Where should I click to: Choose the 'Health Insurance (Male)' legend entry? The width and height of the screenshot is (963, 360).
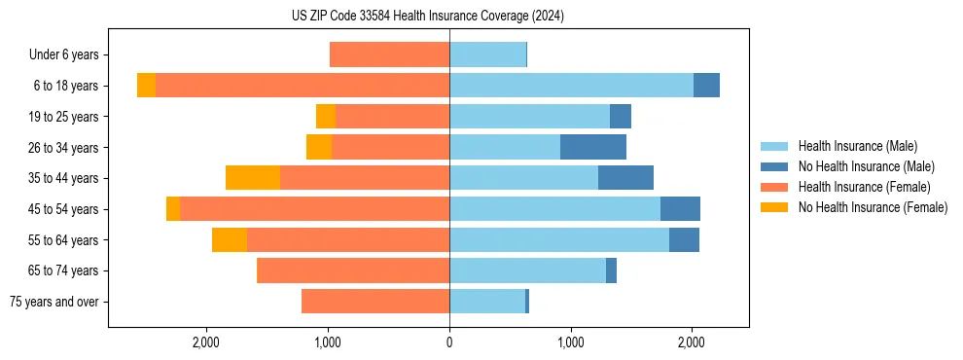coord(857,146)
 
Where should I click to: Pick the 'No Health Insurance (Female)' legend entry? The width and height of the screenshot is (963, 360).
coord(873,207)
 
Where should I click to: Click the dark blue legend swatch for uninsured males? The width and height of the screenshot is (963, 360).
coord(774,166)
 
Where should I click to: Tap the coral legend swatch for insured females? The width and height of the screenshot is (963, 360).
coord(774,187)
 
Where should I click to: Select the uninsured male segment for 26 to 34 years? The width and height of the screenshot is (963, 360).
coord(593,147)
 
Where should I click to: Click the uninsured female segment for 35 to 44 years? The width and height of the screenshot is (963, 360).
coord(253,178)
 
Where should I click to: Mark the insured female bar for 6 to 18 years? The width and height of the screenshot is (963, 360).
coord(303,86)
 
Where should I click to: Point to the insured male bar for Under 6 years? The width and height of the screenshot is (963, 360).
coord(487,55)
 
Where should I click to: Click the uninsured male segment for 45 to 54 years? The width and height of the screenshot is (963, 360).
coord(680,208)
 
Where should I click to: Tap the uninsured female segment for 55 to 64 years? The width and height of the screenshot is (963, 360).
coord(230,239)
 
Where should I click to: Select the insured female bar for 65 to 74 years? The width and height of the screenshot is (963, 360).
coord(353,270)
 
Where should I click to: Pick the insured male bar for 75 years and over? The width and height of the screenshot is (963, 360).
coord(487,302)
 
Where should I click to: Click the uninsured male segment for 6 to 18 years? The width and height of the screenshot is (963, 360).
coord(706,86)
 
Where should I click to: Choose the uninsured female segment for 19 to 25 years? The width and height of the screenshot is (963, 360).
coord(326,117)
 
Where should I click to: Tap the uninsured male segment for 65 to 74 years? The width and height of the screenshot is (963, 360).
coord(611,270)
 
